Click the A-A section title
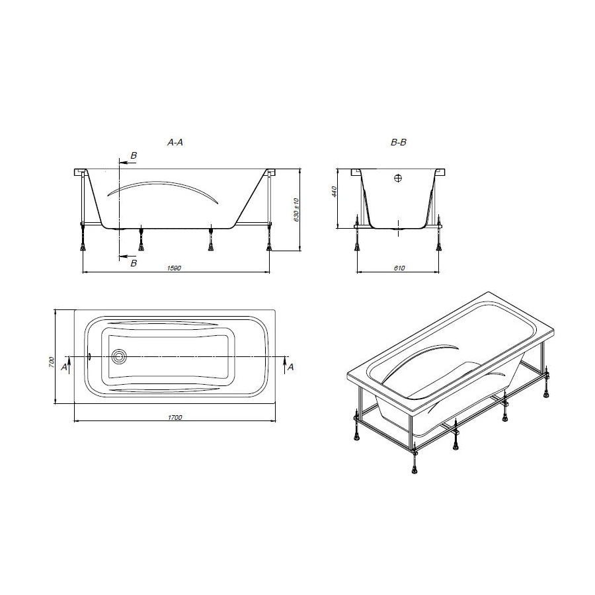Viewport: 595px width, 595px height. click(175, 142)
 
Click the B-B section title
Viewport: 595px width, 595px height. click(399, 142)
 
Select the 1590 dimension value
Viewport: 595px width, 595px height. click(174, 268)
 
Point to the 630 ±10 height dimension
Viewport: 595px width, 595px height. click(296, 210)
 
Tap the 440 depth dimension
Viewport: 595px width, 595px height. click(335, 191)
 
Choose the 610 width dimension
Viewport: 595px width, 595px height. click(399, 268)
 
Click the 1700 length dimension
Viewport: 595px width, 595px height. click(175, 417)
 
